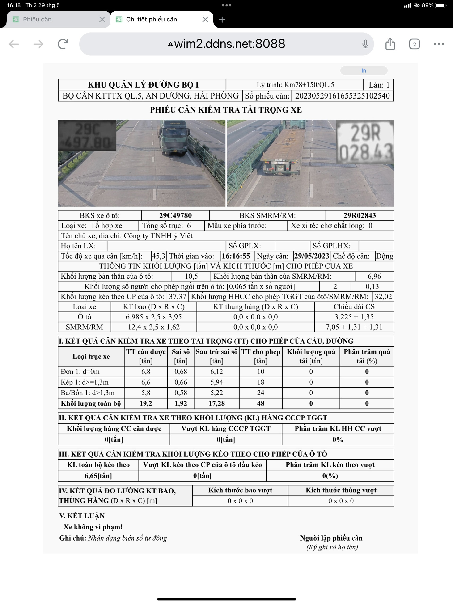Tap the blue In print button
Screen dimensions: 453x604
click(x=364, y=71)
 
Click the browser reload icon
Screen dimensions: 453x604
click(x=63, y=44)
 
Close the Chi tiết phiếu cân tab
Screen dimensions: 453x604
click(x=205, y=19)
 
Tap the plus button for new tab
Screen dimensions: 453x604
click(x=222, y=19)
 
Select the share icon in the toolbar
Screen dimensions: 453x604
click(x=390, y=44)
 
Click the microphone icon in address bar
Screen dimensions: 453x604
click(x=365, y=44)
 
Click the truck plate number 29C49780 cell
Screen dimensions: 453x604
click(x=175, y=215)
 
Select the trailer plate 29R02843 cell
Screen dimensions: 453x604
click(x=360, y=215)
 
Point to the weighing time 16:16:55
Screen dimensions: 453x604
click(x=236, y=256)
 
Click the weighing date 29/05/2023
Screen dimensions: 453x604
click(x=311, y=256)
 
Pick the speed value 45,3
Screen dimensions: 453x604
click(x=158, y=256)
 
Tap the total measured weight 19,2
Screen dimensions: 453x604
click(x=146, y=403)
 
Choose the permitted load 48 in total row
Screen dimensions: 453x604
click(x=261, y=403)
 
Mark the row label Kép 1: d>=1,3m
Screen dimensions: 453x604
click(x=85, y=382)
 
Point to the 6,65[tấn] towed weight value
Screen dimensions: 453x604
click(x=98, y=476)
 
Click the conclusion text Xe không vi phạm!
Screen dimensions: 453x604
click(x=93, y=527)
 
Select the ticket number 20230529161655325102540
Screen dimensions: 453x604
click(x=342, y=96)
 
